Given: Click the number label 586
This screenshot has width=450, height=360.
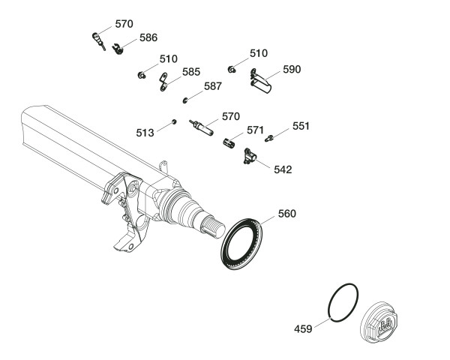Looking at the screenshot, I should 148,37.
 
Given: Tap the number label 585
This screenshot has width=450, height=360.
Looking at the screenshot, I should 191,73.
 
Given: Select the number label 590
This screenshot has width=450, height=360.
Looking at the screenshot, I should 291,69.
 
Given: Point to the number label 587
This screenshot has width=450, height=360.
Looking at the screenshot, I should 212,86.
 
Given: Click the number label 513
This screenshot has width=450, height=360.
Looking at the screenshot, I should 145,132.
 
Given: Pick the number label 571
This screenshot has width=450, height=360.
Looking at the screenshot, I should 256,130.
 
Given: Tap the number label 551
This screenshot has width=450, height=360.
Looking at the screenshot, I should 301,126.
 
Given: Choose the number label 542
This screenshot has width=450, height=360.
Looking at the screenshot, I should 283,169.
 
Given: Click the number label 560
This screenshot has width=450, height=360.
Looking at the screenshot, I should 287,214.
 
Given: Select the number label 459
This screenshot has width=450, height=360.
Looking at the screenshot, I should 304,328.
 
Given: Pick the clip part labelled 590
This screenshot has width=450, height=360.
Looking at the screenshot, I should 259,79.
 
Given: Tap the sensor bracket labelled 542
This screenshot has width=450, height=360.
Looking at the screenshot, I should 249,155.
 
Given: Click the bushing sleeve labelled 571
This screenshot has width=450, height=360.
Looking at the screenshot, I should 231,143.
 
